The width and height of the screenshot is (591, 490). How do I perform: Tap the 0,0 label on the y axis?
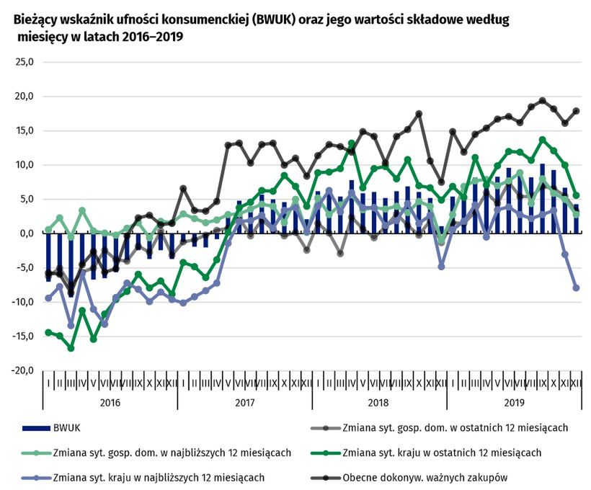coord(27,233)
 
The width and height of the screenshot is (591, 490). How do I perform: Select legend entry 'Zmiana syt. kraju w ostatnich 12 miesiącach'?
coord(441,453)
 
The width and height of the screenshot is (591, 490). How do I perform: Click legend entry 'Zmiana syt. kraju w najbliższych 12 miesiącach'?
coord(159,477)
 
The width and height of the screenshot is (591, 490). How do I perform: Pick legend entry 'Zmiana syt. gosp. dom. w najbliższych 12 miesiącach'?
coord(172,453)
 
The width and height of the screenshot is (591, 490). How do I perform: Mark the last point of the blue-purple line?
coord(577,288)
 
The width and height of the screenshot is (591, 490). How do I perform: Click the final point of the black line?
coord(577,111)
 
